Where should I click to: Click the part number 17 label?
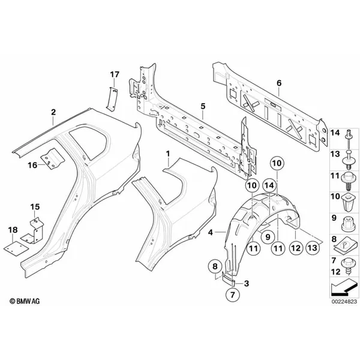coord(115,74)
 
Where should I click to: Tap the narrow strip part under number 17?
coord(112,99)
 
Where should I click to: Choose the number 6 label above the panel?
coord(279,83)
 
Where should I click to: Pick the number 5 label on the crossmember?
coord(203,106)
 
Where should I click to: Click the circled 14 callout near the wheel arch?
coord(269,185)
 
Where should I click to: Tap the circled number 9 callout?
coord(268,236)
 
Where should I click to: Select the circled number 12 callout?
coord(296,248)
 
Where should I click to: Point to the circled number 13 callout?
coord(313,248)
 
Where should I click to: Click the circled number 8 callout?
coord(215,266)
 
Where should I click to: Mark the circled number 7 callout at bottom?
coord(233,295)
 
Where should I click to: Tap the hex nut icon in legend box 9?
coord(348,224)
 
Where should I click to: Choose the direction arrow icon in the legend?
coord(343,287)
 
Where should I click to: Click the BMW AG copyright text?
coord(25,301)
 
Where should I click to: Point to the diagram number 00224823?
coord(344,301)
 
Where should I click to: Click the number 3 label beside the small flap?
coord(247,283)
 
